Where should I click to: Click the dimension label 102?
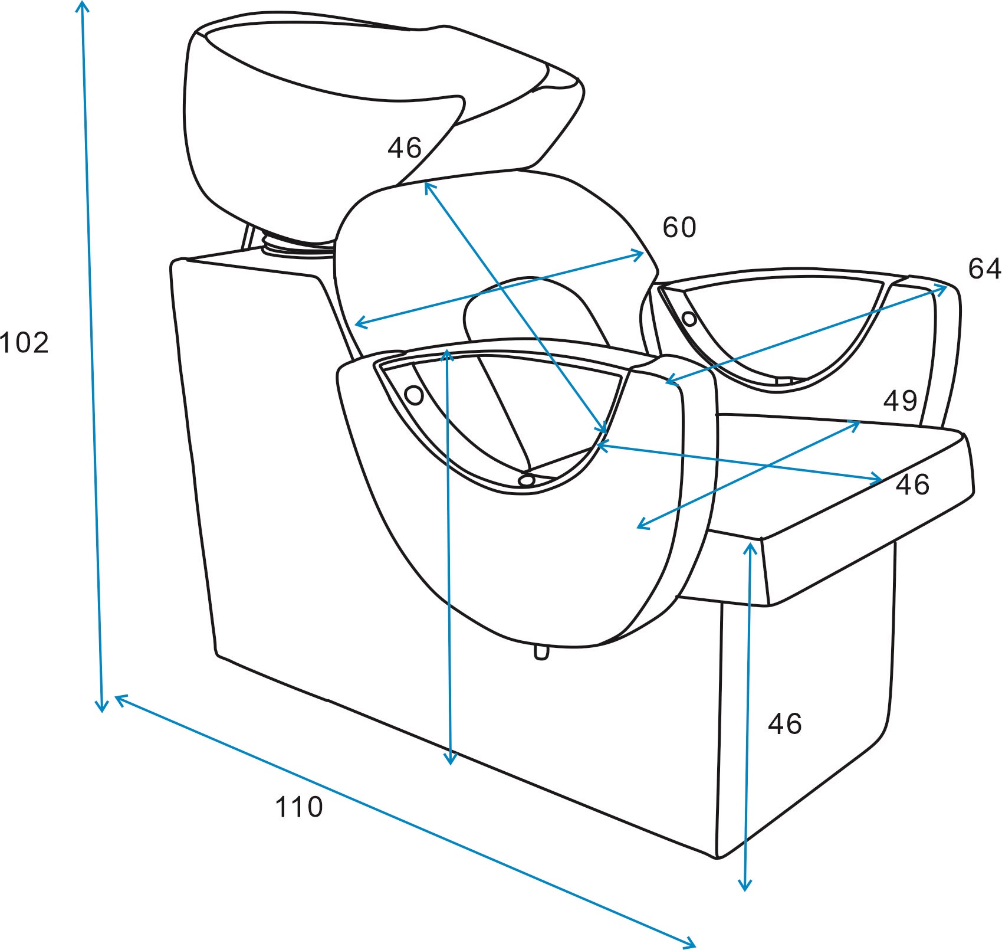point(24,343)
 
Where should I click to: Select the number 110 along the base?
point(299,807)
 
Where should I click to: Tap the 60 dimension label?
point(679,227)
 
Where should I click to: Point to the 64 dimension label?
point(984,268)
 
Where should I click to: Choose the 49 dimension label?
point(900,401)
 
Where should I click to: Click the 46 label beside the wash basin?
point(405,148)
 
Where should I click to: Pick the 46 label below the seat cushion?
point(785,723)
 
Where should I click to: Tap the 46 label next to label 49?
point(912,484)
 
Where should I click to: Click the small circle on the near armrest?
point(414,395)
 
